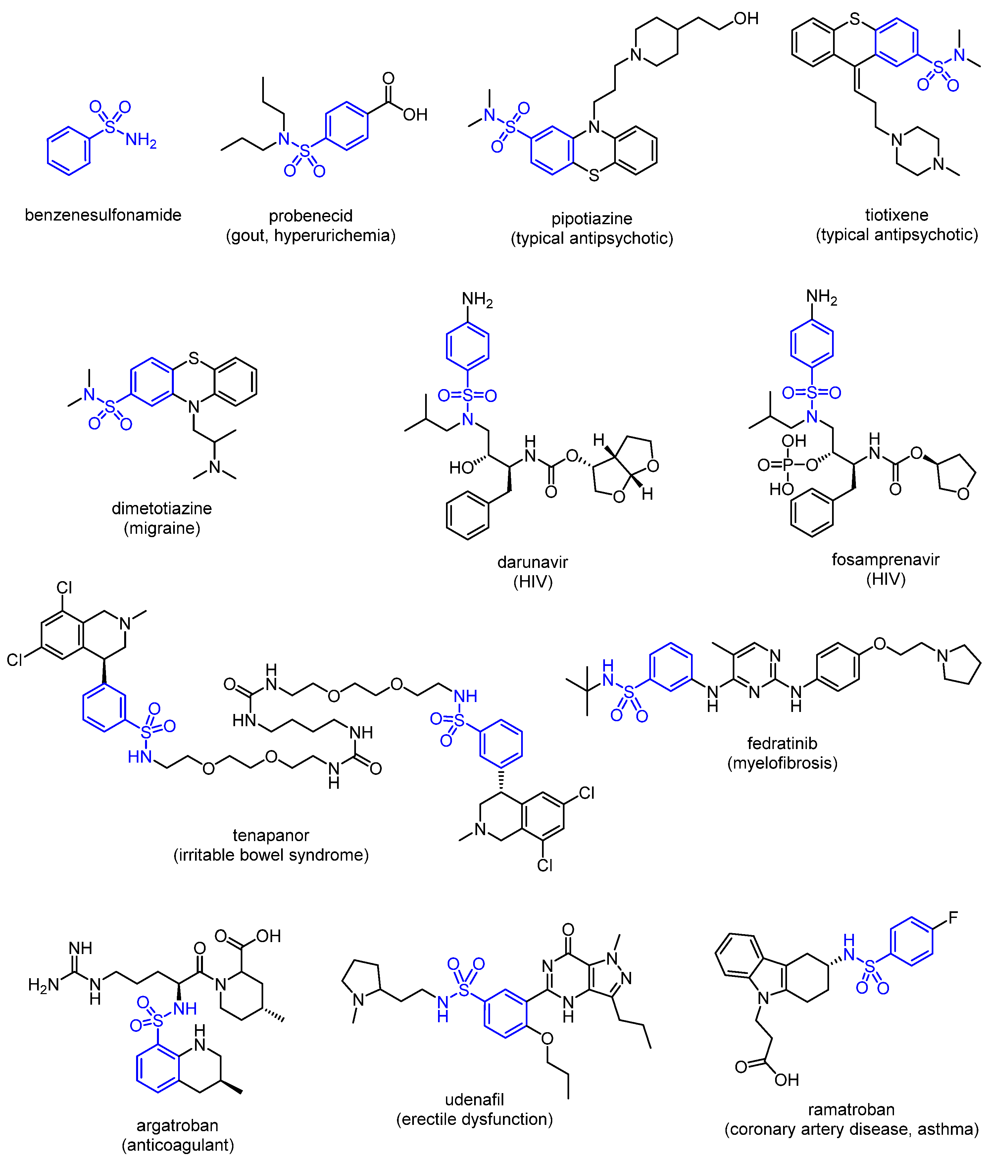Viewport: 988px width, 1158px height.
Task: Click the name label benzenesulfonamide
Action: [103, 215]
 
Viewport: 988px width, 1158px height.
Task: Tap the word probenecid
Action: [310, 216]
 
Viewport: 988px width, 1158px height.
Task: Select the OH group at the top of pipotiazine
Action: [746, 19]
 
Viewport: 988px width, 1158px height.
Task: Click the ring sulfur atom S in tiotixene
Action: [855, 20]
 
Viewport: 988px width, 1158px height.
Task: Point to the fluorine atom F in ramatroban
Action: [953, 918]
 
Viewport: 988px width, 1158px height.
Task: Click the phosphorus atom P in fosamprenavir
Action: [788, 465]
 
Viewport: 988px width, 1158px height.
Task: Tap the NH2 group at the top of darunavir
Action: [477, 300]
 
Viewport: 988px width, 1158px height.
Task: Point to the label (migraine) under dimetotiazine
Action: [162, 528]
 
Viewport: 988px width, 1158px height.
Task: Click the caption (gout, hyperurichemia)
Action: [310, 235]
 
